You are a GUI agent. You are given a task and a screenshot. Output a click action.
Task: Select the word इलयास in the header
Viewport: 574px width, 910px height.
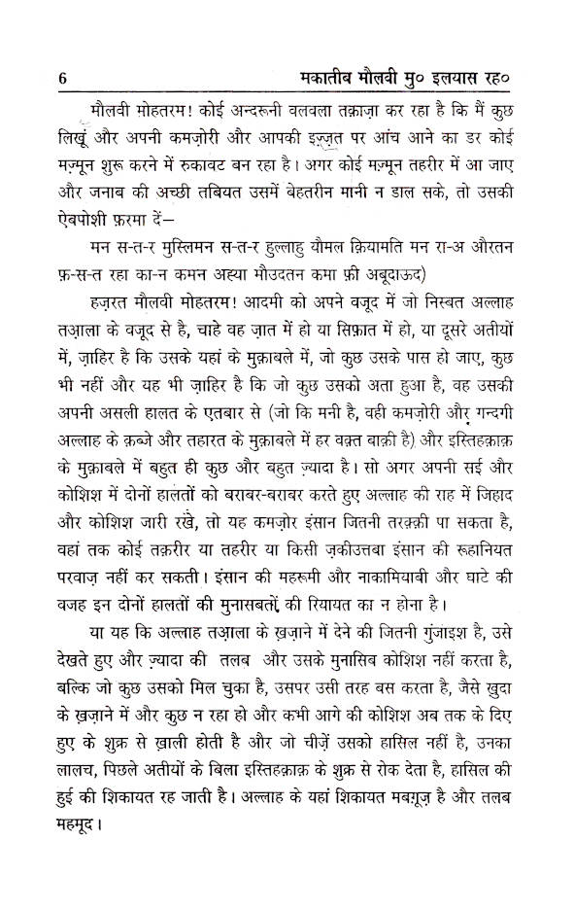(467, 78)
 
